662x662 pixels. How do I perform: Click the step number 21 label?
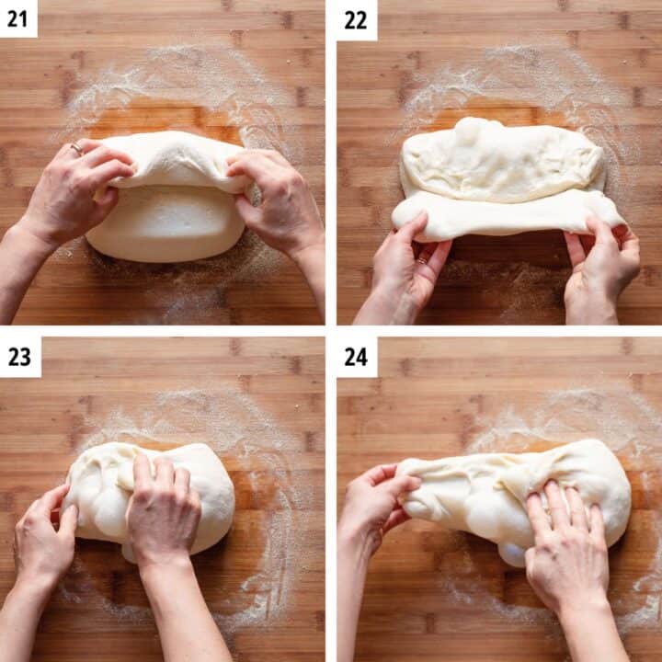tap(18, 18)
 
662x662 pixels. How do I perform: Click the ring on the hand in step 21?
tap(77, 148)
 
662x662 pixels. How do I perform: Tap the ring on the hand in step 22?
tap(422, 261)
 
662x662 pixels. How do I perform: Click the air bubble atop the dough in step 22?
tap(467, 131)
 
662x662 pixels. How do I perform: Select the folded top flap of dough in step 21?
tap(175, 161)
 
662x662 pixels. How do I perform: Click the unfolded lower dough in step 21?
tap(165, 225)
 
